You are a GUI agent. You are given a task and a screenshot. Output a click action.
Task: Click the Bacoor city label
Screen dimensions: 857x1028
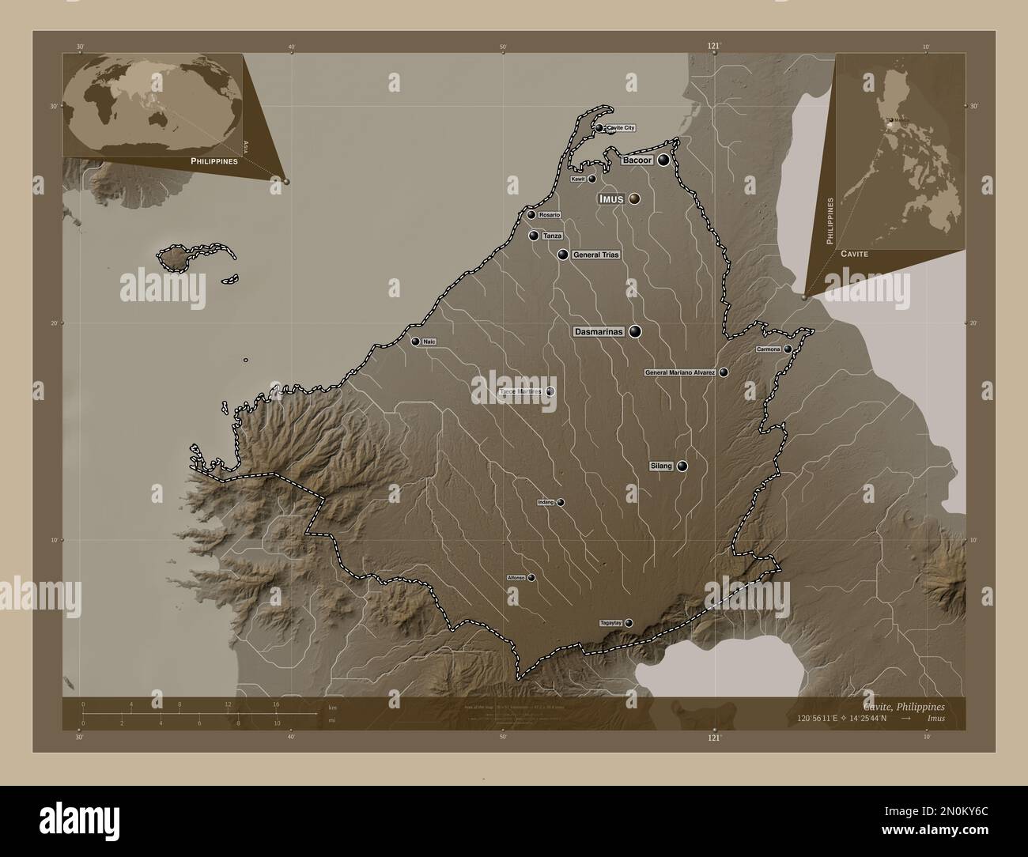637,160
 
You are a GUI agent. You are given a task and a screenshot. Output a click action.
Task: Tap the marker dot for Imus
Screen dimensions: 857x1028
634,199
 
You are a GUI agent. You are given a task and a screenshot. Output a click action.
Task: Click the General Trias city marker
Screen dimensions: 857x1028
562,255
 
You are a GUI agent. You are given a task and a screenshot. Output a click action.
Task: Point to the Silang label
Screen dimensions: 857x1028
661,466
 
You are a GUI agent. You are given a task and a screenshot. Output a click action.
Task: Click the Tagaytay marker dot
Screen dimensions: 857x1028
629,623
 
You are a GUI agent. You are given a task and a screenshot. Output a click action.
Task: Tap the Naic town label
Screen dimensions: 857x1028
430,342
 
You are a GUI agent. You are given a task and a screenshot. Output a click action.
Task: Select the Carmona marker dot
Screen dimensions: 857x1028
788,349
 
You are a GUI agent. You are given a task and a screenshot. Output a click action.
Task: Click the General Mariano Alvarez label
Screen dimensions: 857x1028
681,372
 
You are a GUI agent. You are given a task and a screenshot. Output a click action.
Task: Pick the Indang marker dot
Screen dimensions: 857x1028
561,502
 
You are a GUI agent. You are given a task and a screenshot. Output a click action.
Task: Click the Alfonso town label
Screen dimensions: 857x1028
516,578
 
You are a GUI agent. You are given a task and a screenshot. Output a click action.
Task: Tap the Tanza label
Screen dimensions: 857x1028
552,236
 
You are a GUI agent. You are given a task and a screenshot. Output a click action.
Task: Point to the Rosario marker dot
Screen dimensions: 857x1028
531,215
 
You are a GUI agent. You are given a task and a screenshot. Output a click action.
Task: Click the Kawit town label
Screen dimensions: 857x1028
578,179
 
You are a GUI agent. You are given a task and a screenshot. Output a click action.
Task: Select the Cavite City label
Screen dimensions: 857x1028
621,127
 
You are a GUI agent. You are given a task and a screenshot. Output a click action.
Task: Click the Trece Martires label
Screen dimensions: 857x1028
521,391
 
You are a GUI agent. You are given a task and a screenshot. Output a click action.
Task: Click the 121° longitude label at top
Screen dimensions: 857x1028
713,47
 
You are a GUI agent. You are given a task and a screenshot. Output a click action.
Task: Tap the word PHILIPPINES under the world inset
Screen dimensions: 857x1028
214,160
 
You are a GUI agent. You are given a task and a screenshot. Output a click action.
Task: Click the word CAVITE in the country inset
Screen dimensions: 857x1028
855,254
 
